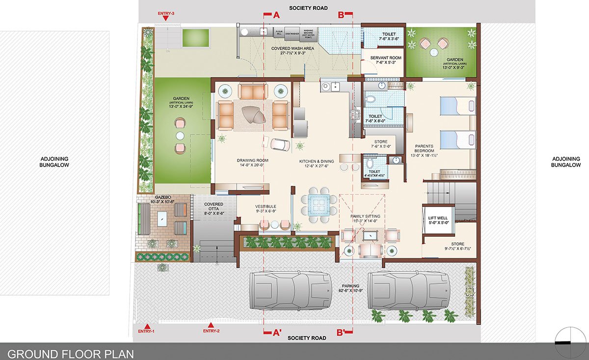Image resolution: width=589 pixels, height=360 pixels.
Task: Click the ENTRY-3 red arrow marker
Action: [x=166, y=18]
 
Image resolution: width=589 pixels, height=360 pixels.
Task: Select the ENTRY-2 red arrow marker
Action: [x=212, y=325]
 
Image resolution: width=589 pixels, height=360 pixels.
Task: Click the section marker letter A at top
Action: [x=276, y=15]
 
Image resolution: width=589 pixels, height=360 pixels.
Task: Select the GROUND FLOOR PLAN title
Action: [x=71, y=353]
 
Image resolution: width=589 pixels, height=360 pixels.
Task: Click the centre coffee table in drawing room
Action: [x=254, y=115]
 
